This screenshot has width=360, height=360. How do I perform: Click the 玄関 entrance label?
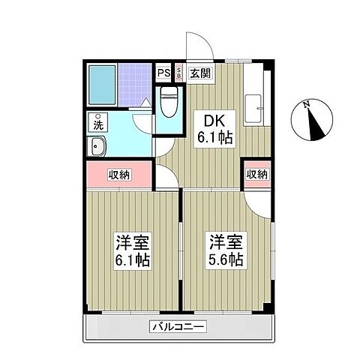[x=199, y=73]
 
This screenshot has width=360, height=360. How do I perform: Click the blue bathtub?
[x=101, y=85]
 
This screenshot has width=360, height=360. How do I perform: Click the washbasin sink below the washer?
[x=97, y=145]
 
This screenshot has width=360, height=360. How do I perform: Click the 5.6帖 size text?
[x=224, y=260]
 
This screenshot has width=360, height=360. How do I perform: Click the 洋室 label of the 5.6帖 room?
[x=224, y=242]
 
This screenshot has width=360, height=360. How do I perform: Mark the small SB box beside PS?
[x=179, y=73]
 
